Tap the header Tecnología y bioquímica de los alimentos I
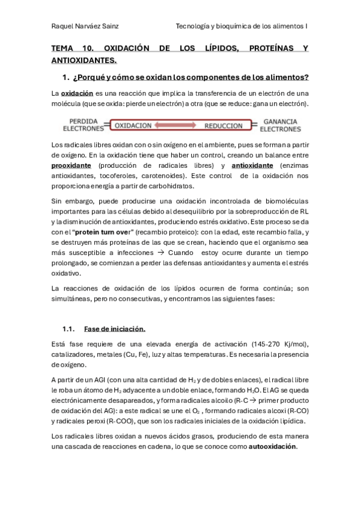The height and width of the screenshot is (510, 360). point(242,26)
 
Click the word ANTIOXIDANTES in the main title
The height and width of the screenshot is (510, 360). point(84,60)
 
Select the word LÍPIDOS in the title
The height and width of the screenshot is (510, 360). point(206,48)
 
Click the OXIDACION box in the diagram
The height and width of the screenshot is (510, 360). point(133,126)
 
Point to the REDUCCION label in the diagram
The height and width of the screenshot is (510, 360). point(223,126)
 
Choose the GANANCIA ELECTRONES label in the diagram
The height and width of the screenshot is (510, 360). point(280,124)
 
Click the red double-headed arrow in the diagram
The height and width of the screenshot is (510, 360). point(178,126)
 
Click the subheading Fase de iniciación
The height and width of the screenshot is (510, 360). point(115,329)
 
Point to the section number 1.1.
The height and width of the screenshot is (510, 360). point(68,329)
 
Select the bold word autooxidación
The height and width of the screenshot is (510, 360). point(272,447)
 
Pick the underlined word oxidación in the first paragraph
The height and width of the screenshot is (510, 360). point(78,93)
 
